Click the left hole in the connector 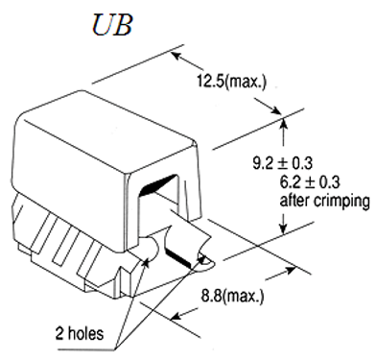pos(149,255)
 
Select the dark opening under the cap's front pos(159,182)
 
